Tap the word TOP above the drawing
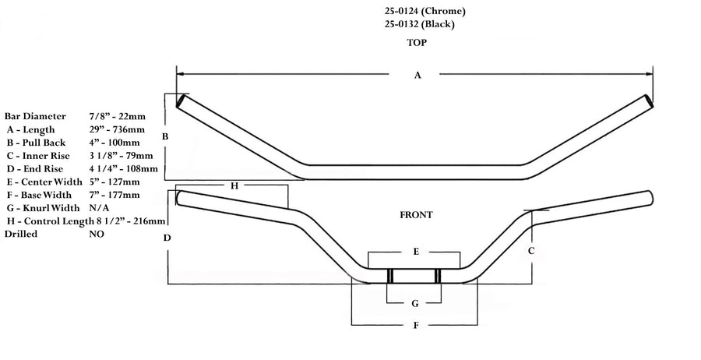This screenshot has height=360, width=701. pyautogui.click(x=417, y=44)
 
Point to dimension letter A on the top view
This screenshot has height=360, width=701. pyautogui.click(x=417, y=76)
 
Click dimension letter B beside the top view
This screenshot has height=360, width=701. pyautogui.click(x=164, y=137)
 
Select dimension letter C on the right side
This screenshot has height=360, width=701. pyautogui.click(x=531, y=251)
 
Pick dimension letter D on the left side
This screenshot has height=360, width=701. pyautogui.click(x=167, y=238)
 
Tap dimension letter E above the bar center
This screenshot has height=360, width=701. pyautogui.click(x=416, y=252)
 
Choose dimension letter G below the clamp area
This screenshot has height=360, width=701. pyautogui.click(x=415, y=303)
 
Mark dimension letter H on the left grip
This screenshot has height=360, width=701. pyautogui.click(x=234, y=186)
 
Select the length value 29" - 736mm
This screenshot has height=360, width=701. pyautogui.click(x=117, y=130)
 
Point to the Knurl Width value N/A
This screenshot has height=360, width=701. pyautogui.click(x=98, y=208)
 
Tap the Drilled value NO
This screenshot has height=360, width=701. pyautogui.click(x=97, y=234)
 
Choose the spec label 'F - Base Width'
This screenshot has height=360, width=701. pyautogui.click(x=38, y=195)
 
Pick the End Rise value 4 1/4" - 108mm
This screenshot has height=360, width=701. pyautogui.click(x=124, y=169)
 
